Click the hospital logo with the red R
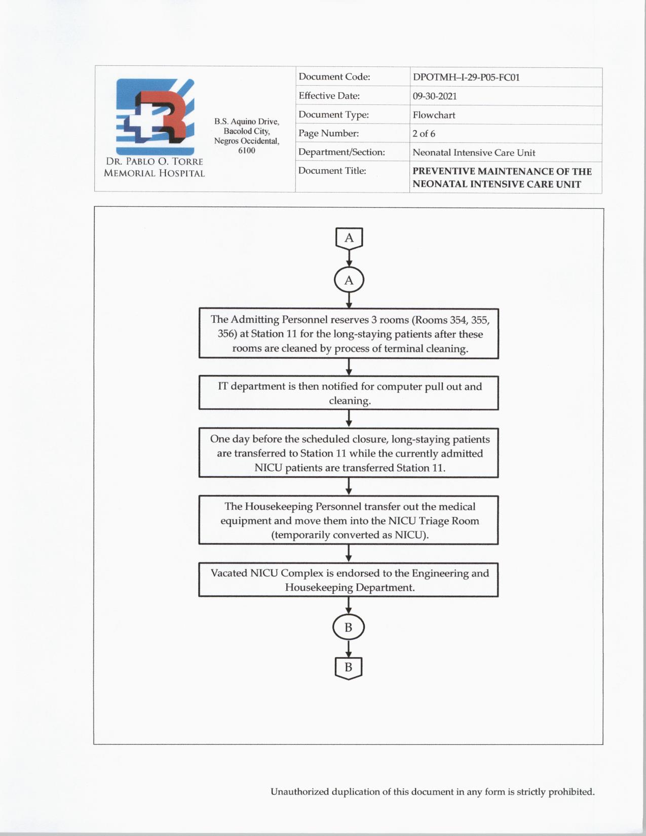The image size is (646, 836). (x=155, y=116)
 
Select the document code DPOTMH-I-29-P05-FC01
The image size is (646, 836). (x=466, y=78)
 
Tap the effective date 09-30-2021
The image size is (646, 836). (x=435, y=96)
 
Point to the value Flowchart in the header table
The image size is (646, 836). (x=434, y=115)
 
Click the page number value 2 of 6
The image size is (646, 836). (x=424, y=134)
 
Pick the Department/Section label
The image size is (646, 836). (x=341, y=152)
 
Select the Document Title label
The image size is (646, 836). (x=332, y=171)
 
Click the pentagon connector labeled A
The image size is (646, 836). (x=349, y=238)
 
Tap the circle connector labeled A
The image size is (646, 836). (x=349, y=280)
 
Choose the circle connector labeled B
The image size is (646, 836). (x=349, y=627)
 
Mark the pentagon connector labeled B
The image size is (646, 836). (x=349, y=667)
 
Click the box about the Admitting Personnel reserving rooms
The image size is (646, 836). (x=349, y=334)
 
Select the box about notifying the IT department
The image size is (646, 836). (x=349, y=393)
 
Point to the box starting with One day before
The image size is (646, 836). (x=349, y=453)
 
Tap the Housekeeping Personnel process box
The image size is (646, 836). (x=349, y=520)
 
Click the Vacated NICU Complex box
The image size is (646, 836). (x=349, y=580)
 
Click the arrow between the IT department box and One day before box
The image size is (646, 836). (x=349, y=419)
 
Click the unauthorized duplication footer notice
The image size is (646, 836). (x=432, y=791)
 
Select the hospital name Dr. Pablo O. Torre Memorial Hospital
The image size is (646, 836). (x=155, y=167)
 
